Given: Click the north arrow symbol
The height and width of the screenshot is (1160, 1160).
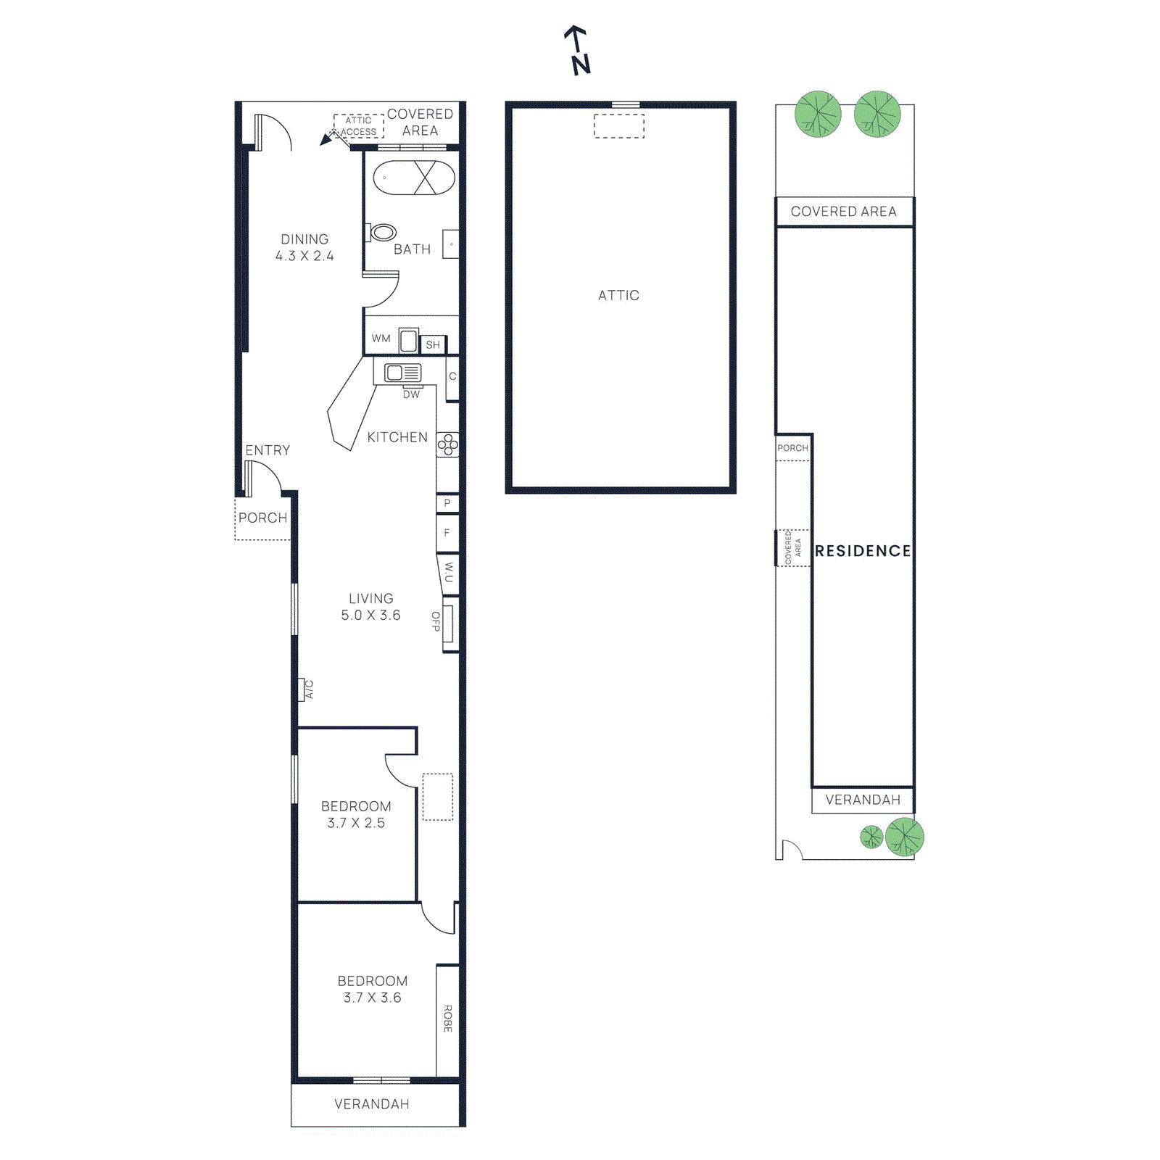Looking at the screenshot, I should (x=578, y=51).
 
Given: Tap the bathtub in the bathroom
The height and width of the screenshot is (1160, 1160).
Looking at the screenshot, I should (x=413, y=178).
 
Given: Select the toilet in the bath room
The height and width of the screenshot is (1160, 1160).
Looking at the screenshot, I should (x=381, y=233).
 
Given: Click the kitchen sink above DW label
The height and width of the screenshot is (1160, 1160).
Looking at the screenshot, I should (x=403, y=373).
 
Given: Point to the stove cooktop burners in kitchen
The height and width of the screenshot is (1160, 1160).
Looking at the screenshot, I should (x=447, y=444).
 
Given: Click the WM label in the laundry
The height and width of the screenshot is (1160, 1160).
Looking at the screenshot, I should (x=381, y=339).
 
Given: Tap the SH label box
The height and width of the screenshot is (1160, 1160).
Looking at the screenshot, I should (x=433, y=345).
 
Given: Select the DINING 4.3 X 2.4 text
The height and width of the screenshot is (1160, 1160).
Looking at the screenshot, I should (x=304, y=247).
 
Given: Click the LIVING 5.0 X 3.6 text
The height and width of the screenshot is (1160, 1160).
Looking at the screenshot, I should (x=370, y=607).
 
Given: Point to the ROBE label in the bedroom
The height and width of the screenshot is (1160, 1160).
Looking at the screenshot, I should (x=447, y=1018).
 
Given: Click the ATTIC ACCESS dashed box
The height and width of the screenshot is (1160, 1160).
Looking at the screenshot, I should (x=359, y=126).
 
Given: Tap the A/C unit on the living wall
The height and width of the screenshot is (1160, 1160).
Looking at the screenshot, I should (x=302, y=689).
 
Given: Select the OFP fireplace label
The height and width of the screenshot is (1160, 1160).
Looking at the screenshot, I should (x=436, y=621).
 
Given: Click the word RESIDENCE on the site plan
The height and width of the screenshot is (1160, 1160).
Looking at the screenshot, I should (x=862, y=551).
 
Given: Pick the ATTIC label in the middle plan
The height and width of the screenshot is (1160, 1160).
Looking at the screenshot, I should (x=618, y=295).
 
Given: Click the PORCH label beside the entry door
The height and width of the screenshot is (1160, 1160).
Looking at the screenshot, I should (x=262, y=518).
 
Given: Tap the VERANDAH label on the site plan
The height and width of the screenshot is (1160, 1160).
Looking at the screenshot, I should (x=863, y=800).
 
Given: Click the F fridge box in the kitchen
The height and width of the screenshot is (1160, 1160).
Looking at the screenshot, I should (x=447, y=534).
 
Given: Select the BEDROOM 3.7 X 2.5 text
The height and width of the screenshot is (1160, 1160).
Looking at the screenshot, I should (x=356, y=814).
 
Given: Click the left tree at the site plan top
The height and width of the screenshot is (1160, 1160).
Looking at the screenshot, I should (x=818, y=114).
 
